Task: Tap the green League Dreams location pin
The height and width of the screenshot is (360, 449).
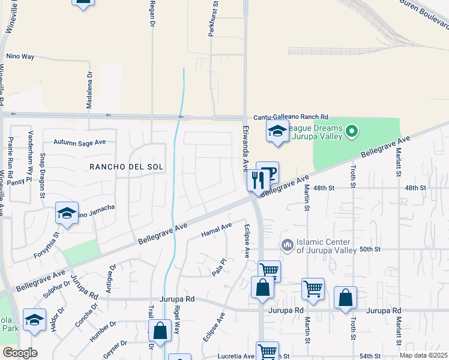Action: [x=352, y=130]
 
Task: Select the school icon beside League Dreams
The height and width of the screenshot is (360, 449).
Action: [x=277, y=131]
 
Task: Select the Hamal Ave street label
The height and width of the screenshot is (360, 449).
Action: [x=217, y=229]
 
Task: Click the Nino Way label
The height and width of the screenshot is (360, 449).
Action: [x=20, y=56]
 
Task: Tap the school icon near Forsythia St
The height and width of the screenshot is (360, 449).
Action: [x=67, y=214]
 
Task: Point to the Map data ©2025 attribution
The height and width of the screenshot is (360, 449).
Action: [x=424, y=355]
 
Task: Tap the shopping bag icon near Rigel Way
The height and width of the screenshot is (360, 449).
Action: [x=160, y=331]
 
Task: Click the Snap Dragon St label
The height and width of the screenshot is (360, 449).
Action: [x=43, y=176]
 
